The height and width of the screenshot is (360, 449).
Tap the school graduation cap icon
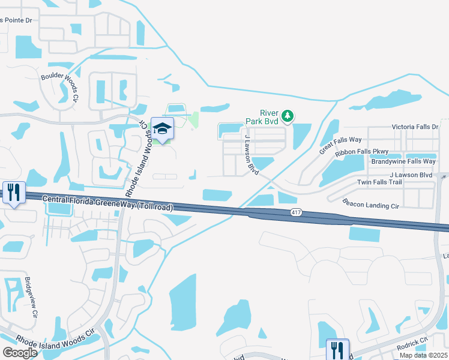pyautogui.click(x=162, y=128)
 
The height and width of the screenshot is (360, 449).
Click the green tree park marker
pyautogui.click(x=288, y=115)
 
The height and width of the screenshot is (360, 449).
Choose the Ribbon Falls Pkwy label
pyautogui.click(x=362, y=152)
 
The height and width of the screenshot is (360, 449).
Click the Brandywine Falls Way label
pyautogui.click(x=403, y=161)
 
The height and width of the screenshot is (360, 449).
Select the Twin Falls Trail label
pyautogui.click(x=379, y=182)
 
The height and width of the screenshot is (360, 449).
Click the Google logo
pyautogui.click(x=20, y=352)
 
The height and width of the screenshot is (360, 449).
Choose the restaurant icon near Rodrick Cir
pyautogui.click(x=337, y=349)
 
